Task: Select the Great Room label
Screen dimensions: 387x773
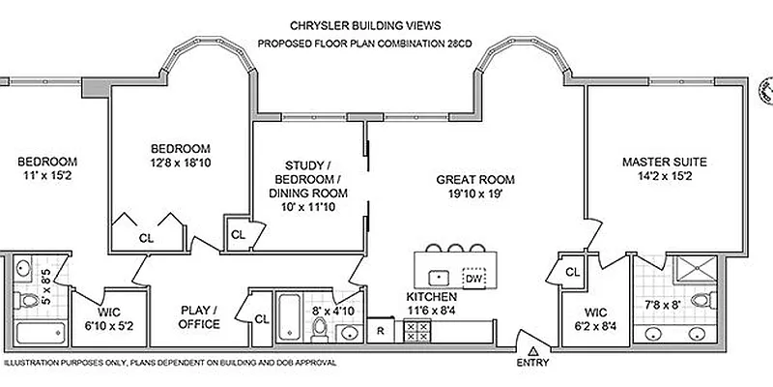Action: click(474, 179)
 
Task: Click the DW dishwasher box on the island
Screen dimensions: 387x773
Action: click(473, 277)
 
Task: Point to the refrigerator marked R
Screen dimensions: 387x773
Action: click(382, 331)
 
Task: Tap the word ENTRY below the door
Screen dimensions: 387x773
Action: click(532, 365)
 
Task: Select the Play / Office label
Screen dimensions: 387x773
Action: click(199, 317)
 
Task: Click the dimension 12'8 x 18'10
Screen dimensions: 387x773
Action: click(181, 164)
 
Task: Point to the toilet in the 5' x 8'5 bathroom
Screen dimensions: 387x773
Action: click(28, 300)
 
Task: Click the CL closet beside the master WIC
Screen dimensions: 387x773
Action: click(571, 272)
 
